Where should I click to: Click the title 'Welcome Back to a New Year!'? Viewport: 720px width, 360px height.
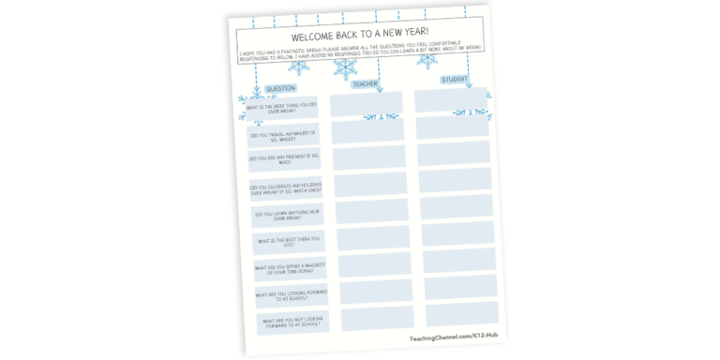click(x=357, y=37)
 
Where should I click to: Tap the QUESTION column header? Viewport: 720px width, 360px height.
click(x=281, y=89)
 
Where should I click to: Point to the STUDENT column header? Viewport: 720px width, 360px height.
click(x=456, y=80)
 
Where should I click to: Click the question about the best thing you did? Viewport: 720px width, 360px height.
click(x=279, y=111)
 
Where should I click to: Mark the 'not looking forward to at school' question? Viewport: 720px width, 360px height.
click(x=292, y=323)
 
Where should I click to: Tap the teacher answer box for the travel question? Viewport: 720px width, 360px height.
click(x=367, y=132)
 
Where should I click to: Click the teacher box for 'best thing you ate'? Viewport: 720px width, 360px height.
click(x=373, y=239)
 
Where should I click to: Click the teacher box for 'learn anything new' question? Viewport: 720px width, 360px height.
click(x=371, y=212)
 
